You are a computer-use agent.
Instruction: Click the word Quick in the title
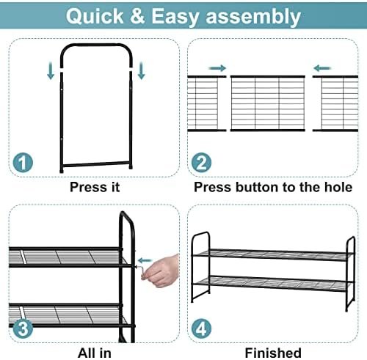[x=95, y=16]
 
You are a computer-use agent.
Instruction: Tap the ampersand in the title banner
[x=137, y=16]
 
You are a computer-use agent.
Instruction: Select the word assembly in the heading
[x=253, y=17]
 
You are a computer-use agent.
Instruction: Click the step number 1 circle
[x=23, y=163]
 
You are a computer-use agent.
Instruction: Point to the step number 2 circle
[x=201, y=163]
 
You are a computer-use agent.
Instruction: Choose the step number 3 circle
[x=23, y=328]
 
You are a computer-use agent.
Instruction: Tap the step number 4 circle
[x=201, y=328]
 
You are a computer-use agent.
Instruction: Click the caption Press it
[x=95, y=187]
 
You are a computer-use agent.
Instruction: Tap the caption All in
[x=95, y=353]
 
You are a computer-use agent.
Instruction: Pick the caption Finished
[x=273, y=353]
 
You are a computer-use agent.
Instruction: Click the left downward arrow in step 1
[x=51, y=71]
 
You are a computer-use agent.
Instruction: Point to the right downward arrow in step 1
[x=141, y=71]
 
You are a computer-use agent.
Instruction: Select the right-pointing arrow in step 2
[x=217, y=68]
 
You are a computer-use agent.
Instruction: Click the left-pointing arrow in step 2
[x=322, y=68]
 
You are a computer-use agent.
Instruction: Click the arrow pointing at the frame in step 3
[x=145, y=260]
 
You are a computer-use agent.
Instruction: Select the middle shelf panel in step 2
[x=268, y=103]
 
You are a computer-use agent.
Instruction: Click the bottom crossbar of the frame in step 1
[x=96, y=164]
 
